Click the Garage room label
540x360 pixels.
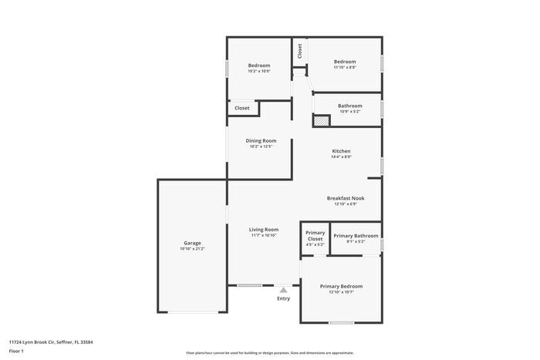pyautogui.click(x=191, y=243)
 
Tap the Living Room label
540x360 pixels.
pyautogui.click(x=263, y=229)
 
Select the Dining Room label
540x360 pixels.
pyautogui.click(x=261, y=140)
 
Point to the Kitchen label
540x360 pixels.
pyautogui.click(x=341, y=150)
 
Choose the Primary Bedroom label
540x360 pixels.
pyautogui.click(x=341, y=286)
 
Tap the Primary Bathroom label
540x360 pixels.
pyautogui.click(x=356, y=235)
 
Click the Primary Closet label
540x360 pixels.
pyautogui.click(x=315, y=235)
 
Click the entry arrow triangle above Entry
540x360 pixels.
pyautogui.click(x=283, y=290)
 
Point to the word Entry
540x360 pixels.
pyautogui.click(x=283, y=298)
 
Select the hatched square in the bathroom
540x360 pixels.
pyautogui.click(x=321, y=120)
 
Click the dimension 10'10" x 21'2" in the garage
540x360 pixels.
pyautogui.click(x=191, y=249)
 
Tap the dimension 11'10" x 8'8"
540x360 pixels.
pyautogui.click(x=344, y=68)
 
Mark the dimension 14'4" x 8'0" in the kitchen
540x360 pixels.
pyautogui.click(x=341, y=156)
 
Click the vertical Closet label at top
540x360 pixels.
pyautogui.click(x=299, y=51)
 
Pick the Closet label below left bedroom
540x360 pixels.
pyautogui.click(x=242, y=108)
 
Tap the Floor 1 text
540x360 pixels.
pyautogui.click(x=17, y=351)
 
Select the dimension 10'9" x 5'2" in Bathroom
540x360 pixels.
pyautogui.click(x=349, y=112)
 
